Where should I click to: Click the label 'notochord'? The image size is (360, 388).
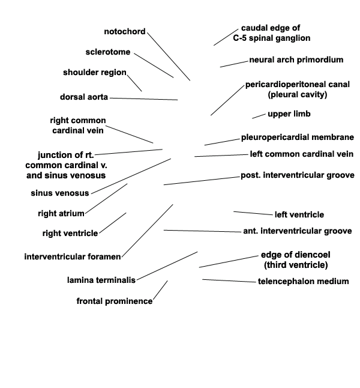point(125,32)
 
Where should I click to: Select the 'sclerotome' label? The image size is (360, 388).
point(108,52)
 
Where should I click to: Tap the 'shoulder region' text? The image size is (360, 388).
point(95,73)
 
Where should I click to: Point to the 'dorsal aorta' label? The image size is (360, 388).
point(84,97)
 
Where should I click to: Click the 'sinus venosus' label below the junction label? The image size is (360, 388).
point(60,193)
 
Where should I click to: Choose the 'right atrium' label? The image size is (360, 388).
point(61,214)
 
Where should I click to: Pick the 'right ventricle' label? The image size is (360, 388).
point(70,234)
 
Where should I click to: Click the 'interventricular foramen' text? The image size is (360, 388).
point(73,256)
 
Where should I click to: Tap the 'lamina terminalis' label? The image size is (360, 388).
point(101,280)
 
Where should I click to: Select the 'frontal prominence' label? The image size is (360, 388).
point(115,301)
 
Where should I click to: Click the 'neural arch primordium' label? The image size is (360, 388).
point(296,60)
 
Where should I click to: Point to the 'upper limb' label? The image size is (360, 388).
point(289,114)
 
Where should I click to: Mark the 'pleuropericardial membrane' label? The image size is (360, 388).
point(298,138)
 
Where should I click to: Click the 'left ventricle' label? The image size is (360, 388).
point(299,214)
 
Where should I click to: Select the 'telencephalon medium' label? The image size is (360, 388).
point(304,281)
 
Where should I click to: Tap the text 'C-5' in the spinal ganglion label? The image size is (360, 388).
point(239,38)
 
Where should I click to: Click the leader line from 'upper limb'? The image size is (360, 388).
point(259,116)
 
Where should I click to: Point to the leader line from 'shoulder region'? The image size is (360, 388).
point(134,83)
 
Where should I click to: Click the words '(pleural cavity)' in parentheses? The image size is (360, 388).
point(298,95)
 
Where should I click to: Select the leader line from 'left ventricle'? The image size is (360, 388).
point(253,213)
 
